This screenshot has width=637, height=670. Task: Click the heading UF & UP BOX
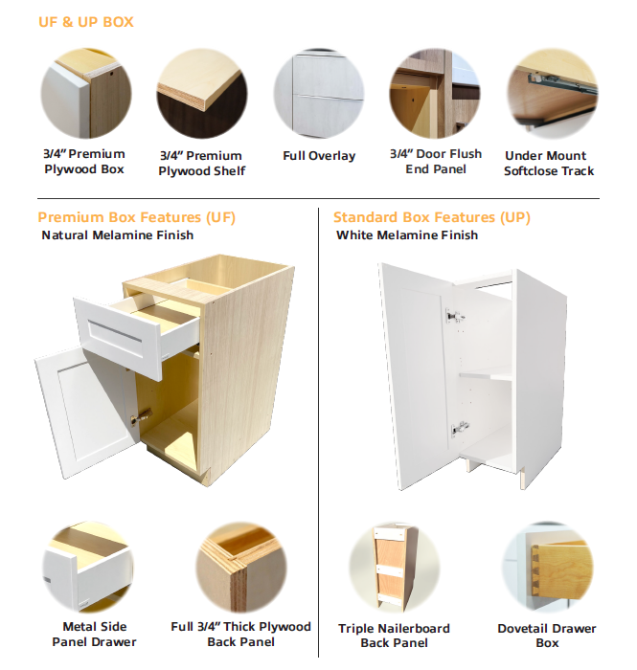coord(86,22)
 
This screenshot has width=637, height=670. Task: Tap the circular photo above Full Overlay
coord(319,93)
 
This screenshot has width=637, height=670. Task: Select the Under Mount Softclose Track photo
coord(553,93)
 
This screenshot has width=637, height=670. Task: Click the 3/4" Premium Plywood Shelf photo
coord(202,93)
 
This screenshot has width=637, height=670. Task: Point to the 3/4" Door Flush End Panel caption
coord(436,162)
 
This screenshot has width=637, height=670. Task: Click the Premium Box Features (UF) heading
coord(136,217)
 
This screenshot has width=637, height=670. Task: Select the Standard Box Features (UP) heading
coord(432,217)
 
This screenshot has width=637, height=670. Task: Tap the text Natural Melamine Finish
coord(118,235)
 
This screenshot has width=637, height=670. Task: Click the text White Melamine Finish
coord(407,235)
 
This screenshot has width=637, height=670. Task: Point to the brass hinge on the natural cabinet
coord(141,417)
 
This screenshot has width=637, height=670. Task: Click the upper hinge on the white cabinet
coord(454,317)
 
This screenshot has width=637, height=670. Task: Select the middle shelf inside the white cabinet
coord(486,374)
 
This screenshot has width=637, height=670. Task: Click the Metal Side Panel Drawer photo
coord(88,567)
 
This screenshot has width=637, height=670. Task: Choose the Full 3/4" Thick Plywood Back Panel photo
coord(241,567)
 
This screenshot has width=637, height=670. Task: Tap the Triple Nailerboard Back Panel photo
coord(394,567)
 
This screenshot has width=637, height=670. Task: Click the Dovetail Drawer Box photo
coord(547,567)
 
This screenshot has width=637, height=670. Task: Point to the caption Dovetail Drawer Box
coord(547,636)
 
